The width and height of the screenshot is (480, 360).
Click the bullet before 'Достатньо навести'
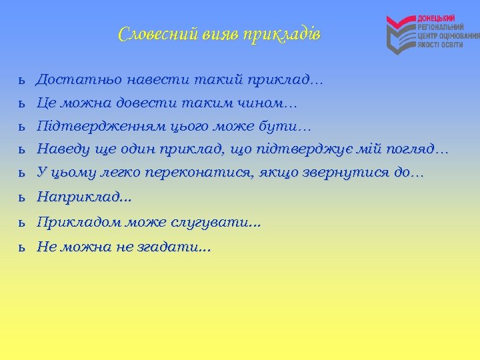pos(22,81)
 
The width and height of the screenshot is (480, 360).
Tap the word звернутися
pos(347,172)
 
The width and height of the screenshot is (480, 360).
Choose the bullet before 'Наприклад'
pos(22,197)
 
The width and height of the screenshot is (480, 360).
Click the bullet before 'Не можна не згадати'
pos(22,247)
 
